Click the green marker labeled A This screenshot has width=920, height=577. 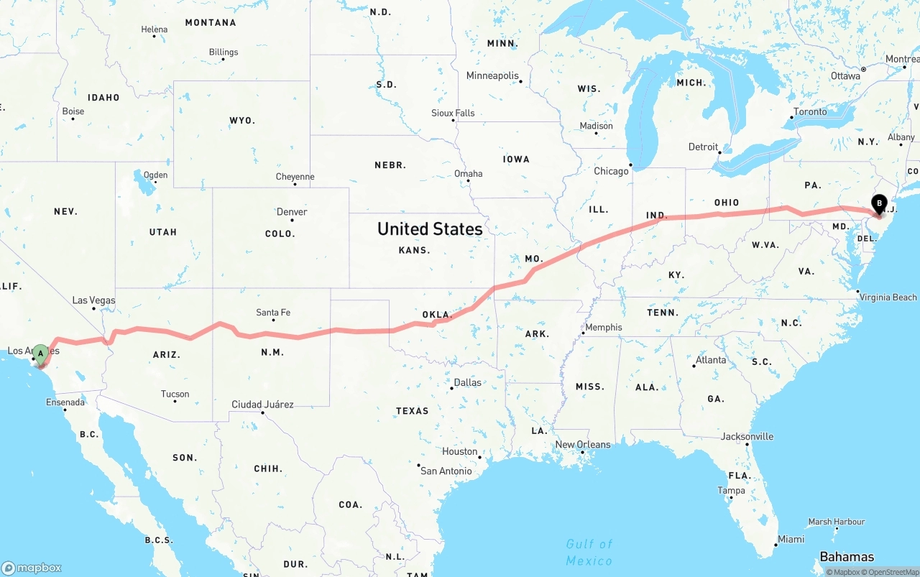pos(41,353)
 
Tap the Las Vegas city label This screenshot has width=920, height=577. pos(93,300)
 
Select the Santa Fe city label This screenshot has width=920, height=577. pos(273,313)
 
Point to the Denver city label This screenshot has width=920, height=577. pos(292,212)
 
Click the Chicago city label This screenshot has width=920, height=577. pos(611,171)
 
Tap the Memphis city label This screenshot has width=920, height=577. pos(604,328)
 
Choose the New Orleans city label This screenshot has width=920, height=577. pos(583,445)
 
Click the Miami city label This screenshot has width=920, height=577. pos(791,539)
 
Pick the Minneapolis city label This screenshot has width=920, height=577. pos(492,75)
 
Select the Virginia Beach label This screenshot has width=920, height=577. pos(888,297)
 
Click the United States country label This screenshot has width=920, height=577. pos(430,229)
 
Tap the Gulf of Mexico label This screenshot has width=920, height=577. pos(589,552)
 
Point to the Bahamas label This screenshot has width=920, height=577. pos(847,557)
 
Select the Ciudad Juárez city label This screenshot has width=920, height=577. pos(262,405)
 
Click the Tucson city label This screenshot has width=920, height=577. pos(175,394)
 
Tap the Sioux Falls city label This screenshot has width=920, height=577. pos(453,113)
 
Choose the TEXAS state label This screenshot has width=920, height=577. pos(412,411)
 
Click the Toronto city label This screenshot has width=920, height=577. pos(810,112)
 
